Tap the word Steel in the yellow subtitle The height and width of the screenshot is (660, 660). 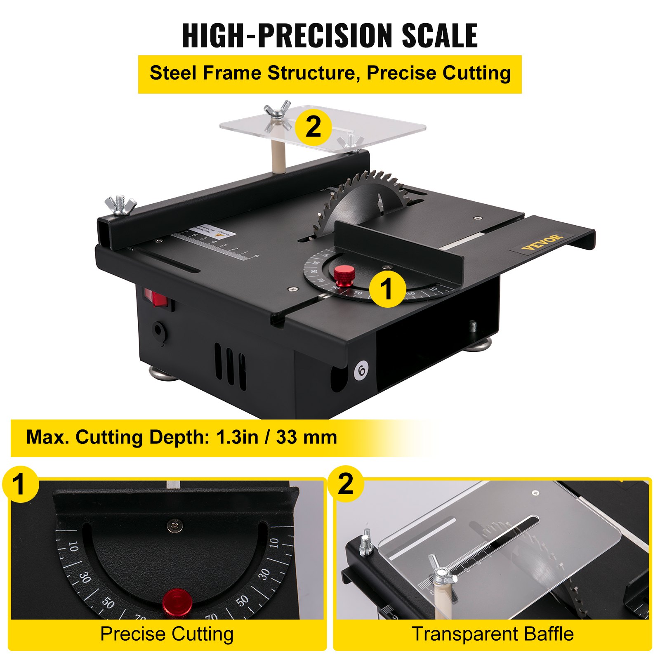[x=172, y=73]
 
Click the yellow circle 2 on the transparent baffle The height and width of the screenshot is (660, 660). [x=313, y=126]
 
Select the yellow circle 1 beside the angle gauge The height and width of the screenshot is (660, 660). [x=387, y=288]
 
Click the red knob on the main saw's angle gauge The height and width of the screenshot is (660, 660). [x=344, y=276]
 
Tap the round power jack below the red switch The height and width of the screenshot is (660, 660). [x=158, y=330]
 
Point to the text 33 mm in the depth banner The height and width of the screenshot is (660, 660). [x=306, y=437]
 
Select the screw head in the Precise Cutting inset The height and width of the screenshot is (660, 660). [x=174, y=526]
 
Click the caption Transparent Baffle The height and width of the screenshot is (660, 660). [x=493, y=634]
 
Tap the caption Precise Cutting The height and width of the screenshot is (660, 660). [x=167, y=634]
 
